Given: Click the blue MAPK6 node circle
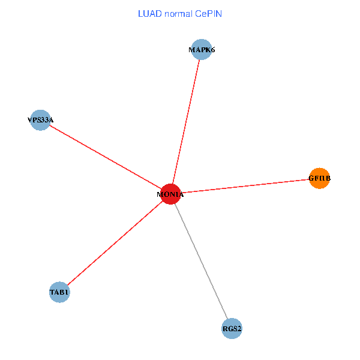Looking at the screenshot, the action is tap(202, 50).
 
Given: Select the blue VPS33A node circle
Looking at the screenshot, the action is tap(40, 120).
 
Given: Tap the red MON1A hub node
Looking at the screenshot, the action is tap(170, 194).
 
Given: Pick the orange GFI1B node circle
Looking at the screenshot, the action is tap(319, 178).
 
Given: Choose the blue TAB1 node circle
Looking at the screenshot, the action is tap(60, 293).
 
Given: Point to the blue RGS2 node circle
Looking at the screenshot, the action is tap(232, 329).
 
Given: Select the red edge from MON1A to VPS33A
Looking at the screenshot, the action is tap(105, 157).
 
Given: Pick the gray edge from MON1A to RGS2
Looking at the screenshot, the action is tap(201, 262).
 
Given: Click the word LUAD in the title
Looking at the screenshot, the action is tap(149, 13).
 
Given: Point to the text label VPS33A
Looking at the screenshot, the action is tap(40, 120).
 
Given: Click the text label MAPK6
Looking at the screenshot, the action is tap(202, 50).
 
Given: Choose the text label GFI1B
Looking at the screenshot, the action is tap(319, 178).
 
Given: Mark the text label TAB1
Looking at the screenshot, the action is tap(60, 293).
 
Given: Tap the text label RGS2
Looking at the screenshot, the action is tap(232, 329).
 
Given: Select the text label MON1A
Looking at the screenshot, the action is tap(170, 194).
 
